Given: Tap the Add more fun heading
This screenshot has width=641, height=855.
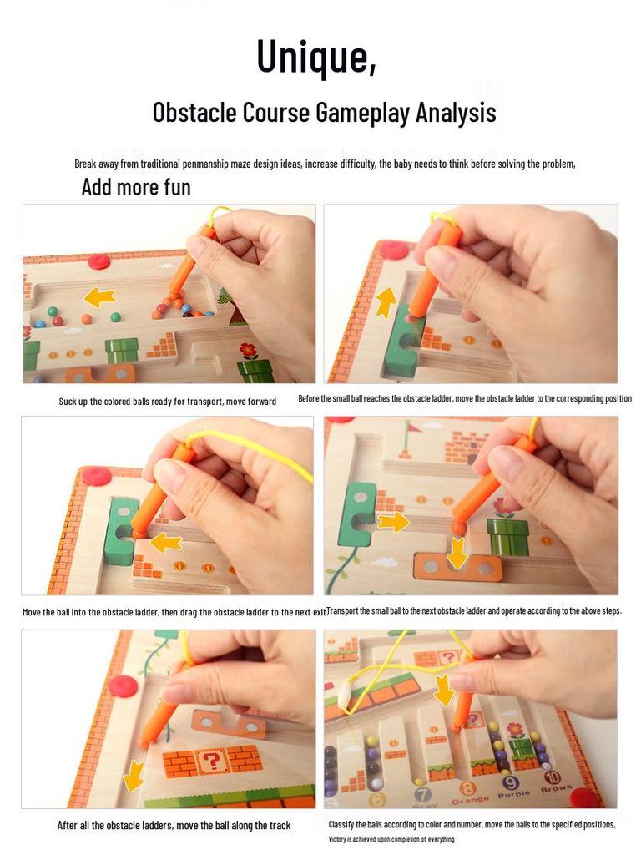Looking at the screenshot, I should pos(136,187).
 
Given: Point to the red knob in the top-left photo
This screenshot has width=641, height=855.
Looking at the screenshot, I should pos(99,261).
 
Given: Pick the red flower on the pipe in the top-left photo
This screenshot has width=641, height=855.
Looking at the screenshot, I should pos(249,350).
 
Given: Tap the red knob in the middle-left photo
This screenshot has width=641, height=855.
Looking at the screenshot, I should pos(98,477).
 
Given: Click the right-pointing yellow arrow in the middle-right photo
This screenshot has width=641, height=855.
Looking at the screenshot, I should pos(392,523).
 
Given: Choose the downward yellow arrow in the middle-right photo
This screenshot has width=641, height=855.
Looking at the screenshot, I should pos(457,551).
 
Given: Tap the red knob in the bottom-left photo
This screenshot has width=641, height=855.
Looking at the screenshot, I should pos(123,686).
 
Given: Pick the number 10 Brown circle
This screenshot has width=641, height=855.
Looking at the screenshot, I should pos(552,778).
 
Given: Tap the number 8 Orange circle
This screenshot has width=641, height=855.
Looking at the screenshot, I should pos(468,788).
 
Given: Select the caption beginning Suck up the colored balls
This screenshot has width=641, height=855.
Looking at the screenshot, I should pos(167,402).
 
